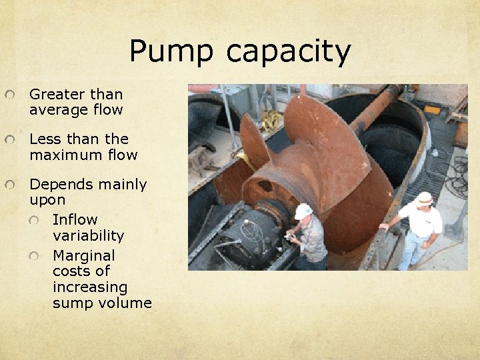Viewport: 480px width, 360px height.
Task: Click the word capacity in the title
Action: [x=289, y=52]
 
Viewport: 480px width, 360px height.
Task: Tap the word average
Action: [x=52, y=110]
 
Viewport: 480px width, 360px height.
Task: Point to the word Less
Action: [x=45, y=139]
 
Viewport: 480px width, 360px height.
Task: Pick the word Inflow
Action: [x=75, y=219]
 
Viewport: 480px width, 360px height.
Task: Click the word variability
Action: [x=88, y=235]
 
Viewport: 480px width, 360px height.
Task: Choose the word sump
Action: [x=71, y=303]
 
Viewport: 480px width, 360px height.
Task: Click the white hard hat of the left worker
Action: [x=304, y=211]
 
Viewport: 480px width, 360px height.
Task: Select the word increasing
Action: [x=89, y=287]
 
